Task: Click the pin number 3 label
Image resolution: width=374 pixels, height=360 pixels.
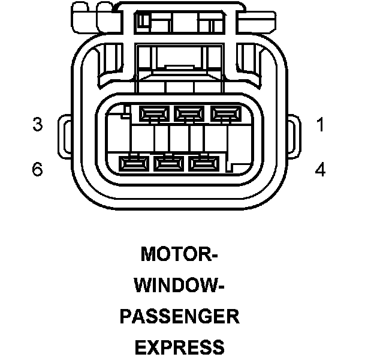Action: point(38,125)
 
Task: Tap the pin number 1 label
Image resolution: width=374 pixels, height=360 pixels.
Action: point(320,125)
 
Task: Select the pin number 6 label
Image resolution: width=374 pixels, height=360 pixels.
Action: point(38,170)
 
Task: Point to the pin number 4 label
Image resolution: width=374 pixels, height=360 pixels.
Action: point(320,170)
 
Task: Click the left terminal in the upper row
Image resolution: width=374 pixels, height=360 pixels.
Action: point(153,112)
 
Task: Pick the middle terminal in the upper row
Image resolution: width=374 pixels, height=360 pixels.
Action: point(189,112)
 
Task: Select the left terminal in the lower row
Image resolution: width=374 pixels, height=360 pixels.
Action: point(133,162)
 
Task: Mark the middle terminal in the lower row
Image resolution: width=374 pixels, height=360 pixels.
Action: point(168,162)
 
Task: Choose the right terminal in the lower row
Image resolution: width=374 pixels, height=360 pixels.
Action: point(204,162)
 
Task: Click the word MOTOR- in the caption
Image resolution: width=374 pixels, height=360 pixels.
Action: point(179,254)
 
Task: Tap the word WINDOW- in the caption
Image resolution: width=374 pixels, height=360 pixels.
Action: point(179,286)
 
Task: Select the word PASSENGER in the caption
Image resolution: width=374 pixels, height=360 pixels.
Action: point(179,316)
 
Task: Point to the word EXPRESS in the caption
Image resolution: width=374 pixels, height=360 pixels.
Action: point(179,347)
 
